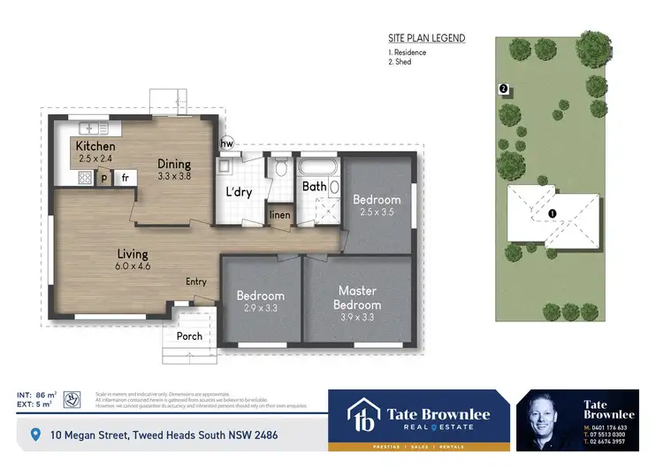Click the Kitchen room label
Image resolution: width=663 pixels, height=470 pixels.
point(95,146)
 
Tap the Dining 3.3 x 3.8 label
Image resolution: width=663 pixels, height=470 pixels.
point(174,164)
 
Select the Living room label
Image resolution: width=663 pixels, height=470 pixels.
point(133,255)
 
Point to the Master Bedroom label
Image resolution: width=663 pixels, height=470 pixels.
point(358,297)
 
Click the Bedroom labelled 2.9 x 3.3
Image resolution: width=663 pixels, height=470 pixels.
point(260,297)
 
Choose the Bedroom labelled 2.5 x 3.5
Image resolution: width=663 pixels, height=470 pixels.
point(377,200)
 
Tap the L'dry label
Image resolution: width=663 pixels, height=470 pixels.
point(240,192)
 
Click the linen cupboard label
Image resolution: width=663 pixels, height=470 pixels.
point(279,215)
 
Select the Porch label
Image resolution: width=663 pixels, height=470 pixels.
point(189,335)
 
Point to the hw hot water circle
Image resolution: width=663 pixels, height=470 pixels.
point(226,144)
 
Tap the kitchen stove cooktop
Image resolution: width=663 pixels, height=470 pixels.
point(85,177)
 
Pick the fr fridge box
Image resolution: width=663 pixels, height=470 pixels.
point(126,178)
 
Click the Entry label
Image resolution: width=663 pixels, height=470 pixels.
point(196,281)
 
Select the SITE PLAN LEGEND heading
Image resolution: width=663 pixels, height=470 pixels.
point(426,39)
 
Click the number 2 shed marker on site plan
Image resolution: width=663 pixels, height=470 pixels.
point(503,89)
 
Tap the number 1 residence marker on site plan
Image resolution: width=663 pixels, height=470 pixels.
point(552,213)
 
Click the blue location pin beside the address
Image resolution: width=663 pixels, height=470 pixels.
point(35,435)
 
